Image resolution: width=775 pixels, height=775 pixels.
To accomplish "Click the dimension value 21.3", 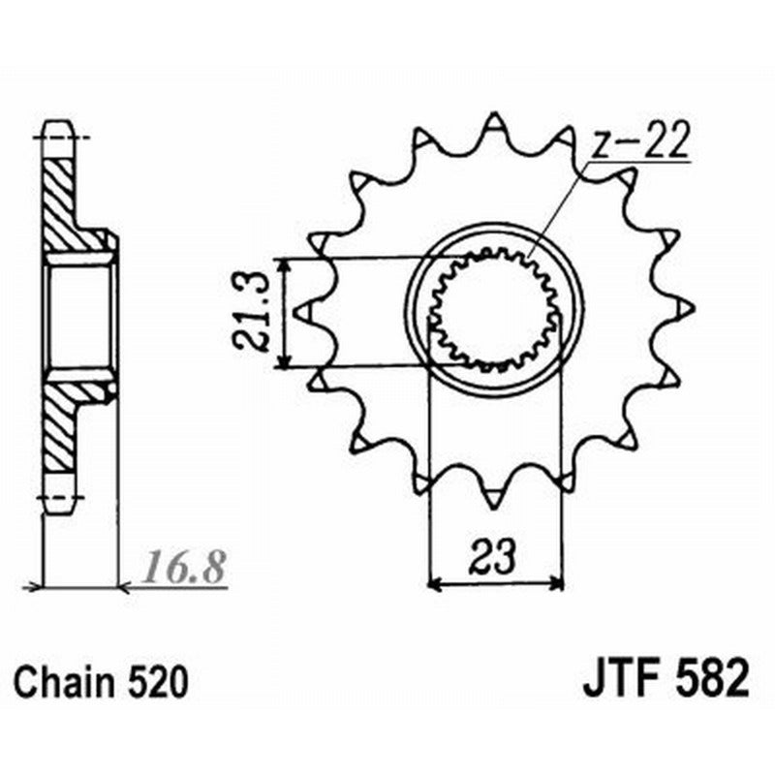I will pos(250,312).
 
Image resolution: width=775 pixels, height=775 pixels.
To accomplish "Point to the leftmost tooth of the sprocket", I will pos(301,311).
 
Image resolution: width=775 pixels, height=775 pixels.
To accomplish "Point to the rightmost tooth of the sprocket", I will pos(687,308).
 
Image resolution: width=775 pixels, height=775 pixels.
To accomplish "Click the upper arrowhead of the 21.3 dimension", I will pos(284,265).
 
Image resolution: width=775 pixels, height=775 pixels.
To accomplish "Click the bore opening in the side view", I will pos(79,314).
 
